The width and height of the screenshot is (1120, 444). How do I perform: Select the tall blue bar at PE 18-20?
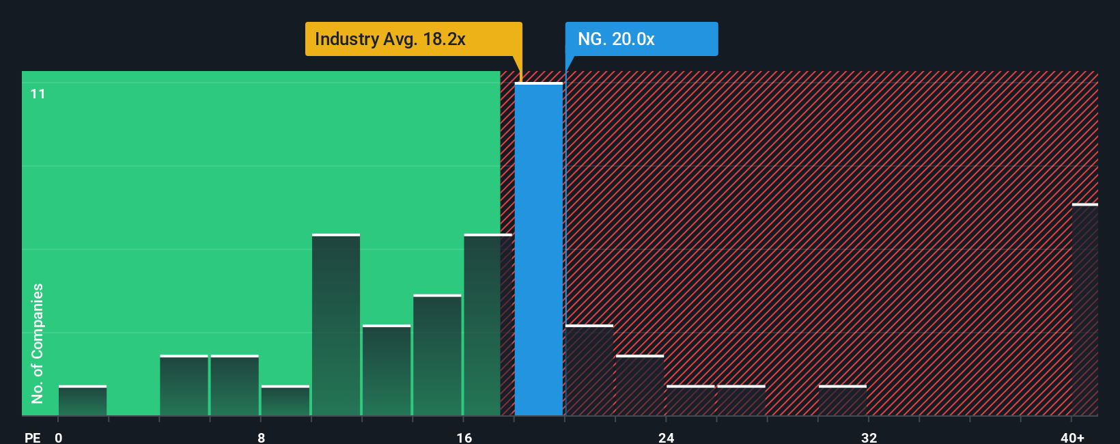coord(539,249)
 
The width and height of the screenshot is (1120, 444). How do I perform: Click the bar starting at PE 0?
coord(83,401)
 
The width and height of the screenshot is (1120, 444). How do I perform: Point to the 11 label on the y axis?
coord(38,94)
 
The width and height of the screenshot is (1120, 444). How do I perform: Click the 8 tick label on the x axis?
coord(262,437)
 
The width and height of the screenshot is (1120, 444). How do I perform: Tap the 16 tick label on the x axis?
coord(464,437)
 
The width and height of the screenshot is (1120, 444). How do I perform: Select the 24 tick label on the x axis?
coord(667,437)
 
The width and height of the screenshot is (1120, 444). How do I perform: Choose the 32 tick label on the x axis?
coord(869,437)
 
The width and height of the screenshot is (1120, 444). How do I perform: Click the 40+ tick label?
coord(1072,437)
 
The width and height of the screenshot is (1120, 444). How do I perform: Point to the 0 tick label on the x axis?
coord(59,437)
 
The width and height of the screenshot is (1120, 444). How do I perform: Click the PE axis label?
coord(32,437)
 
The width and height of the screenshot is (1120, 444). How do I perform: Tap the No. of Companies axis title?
coord(38,343)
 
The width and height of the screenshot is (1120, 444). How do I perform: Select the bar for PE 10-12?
coord(336,325)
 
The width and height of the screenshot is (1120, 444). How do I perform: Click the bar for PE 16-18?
coord(488,325)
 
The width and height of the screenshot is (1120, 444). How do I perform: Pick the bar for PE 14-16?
coord(437,355)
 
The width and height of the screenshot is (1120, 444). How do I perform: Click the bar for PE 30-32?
coord(843,401)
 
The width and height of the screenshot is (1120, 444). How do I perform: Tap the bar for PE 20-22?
coord(589,370)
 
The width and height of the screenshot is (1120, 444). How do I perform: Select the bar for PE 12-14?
coord(387,370)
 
